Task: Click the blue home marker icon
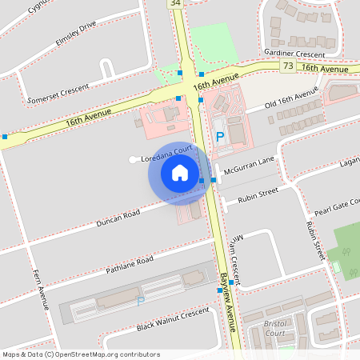pos(179,173)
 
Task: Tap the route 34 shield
pos(176,4)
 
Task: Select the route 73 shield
pos(287,67)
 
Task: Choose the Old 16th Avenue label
pos(293,101)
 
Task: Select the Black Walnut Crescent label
pos(172,321)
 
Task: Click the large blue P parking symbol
pos(220,137)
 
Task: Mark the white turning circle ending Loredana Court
pos(133,159)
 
